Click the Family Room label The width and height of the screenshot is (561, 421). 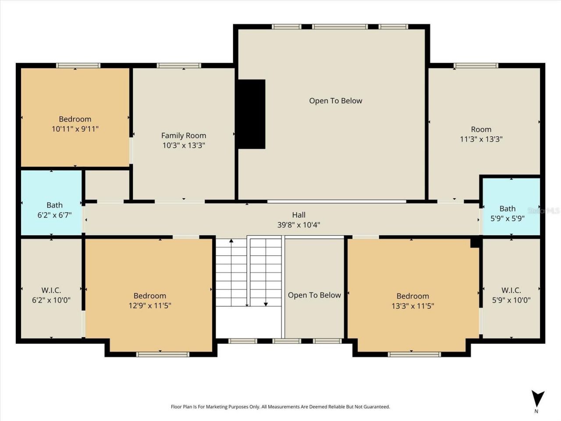[x=183, y=136]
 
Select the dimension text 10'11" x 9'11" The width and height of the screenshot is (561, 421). [x=75, y=129]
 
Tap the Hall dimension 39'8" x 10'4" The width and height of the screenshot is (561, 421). [x=298, y=225]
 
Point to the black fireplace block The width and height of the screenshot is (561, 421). [x=252, y=114]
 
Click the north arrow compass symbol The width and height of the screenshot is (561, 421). [x=537, y=399]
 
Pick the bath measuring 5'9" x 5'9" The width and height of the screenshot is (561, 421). [x=507, y=213]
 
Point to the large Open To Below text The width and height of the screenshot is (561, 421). [x=335, y=101]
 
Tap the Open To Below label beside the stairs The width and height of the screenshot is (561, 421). [x=314, y=295]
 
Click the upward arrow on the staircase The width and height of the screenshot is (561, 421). [x=231, y=241]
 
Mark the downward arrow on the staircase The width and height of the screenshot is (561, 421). [x=266, y=303]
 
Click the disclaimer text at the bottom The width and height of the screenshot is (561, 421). [x=280, y=407]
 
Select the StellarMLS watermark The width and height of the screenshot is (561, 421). [x=543, y=211]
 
